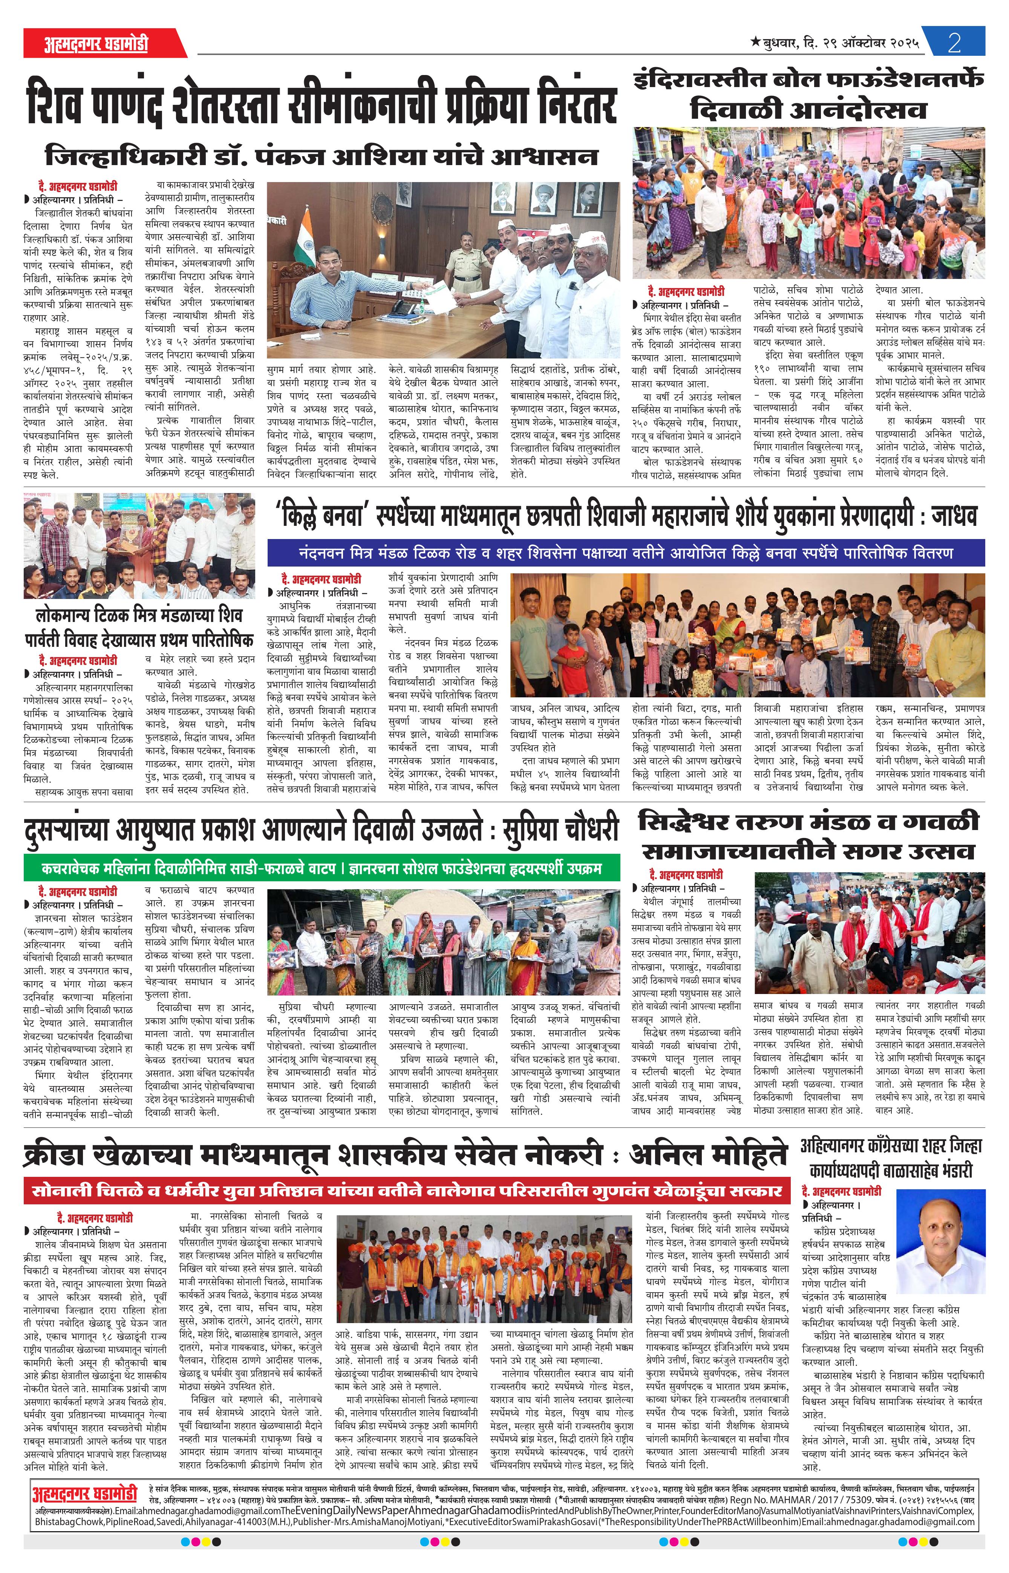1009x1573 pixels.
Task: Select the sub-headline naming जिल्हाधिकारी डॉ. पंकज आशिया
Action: [x=321, y=157]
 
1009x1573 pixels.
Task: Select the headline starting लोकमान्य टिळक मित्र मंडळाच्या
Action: [x=139, y=626]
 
